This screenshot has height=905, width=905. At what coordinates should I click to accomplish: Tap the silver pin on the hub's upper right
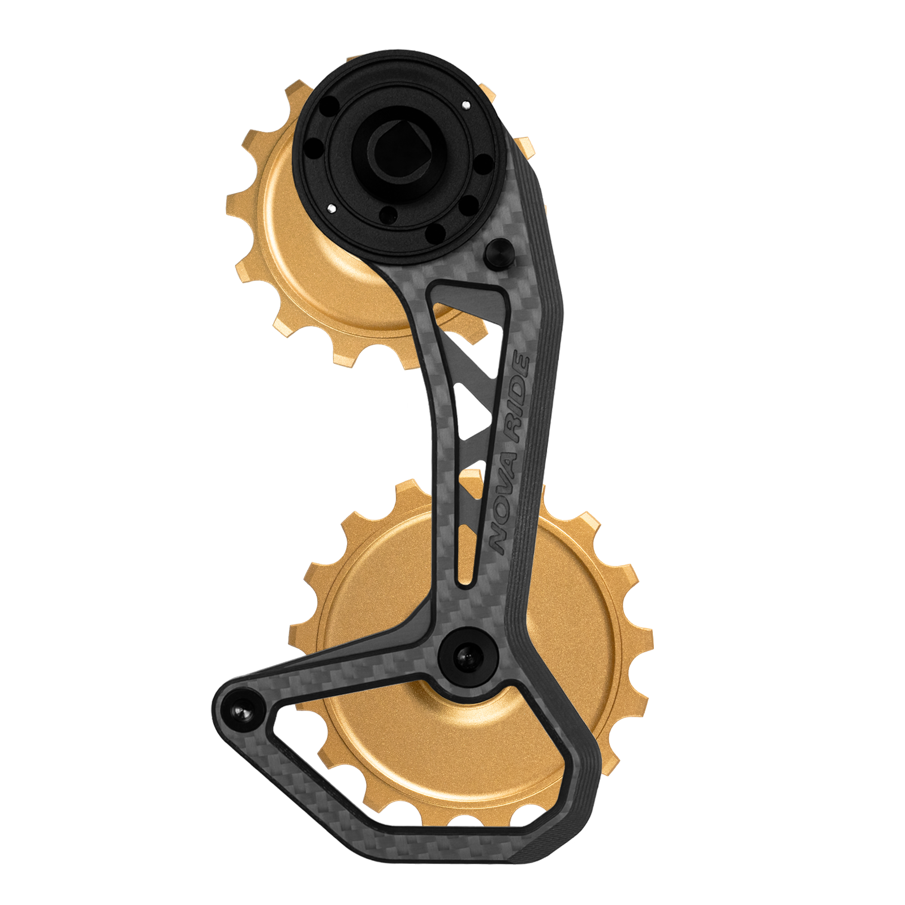466,104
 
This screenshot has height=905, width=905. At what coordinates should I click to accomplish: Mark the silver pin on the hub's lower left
331,209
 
